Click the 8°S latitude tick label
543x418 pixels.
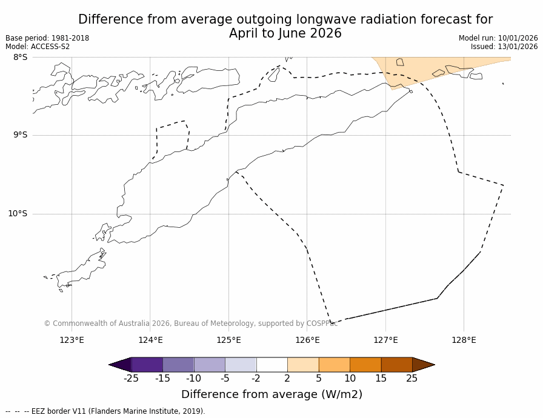click(20, 57)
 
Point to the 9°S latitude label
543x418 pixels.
click(20, 135)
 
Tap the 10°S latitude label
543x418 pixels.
click(18, 213)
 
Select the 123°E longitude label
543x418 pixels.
click(72, 340)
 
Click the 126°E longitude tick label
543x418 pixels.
click(307, 340)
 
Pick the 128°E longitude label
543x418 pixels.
click(464, 340)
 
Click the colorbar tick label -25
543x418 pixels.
click(131, 379)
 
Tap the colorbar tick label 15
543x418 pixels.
click(381, 379)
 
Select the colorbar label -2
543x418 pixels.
click(256, 379)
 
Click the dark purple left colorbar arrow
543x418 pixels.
click(120, 365)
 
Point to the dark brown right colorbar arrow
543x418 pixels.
click(423, 365)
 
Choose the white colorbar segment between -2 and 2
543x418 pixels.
click(272, 365)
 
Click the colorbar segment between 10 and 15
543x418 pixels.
click(365, 365)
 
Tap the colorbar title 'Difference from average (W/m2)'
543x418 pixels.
click(271, 394)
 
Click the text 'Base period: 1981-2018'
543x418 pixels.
click(47, 38)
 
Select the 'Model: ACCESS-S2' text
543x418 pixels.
click(38, 47)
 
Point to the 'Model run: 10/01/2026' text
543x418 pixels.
click(498, 38)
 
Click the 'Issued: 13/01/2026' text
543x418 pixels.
click(504, 47)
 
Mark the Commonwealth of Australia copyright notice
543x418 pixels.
click(191, 323)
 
